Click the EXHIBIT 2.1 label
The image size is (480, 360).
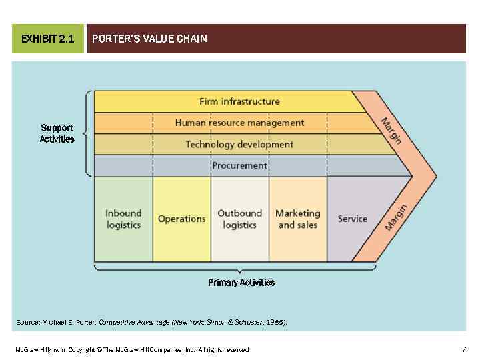pos(47,39)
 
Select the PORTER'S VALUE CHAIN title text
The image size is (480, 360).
pos(149,39)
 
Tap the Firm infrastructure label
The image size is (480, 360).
pos(239,101)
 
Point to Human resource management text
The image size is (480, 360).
pos(239,123)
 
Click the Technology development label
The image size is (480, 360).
pos(239,144)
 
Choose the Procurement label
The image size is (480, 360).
pos(239,165)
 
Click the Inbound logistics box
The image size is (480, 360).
pos(123,219)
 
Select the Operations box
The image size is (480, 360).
pos(181,219)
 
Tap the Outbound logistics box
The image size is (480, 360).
pos(239,219)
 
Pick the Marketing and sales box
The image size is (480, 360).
pos(297,219)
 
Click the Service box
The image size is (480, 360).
pos(352,219)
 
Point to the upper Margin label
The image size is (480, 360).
pos(391,129)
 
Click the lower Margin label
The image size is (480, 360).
pos(396,217)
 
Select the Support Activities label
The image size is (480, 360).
pos(57,133)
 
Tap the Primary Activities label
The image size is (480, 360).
pos(241,283)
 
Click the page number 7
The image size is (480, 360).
pos(463,349)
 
